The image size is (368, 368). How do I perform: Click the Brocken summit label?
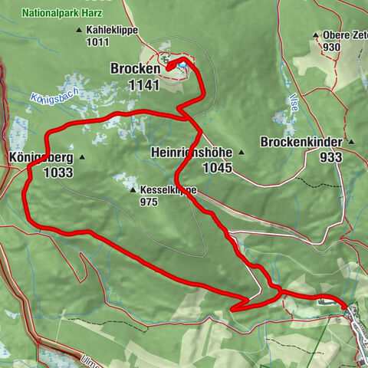tap(135, 68)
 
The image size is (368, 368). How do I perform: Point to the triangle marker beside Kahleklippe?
tap(79, 30)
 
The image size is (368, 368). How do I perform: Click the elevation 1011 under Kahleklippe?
tap(98, 42)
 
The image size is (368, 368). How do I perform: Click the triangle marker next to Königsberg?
tap(81, 158)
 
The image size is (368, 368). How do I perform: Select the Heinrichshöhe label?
tap(193, 151)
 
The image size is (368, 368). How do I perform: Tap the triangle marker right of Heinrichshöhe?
tap(242, 151)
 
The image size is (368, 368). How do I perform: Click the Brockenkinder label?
tap(301, 142)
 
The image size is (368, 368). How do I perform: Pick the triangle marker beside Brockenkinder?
tap(350, 142)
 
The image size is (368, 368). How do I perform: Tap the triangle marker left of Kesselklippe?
tap(132, 189)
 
